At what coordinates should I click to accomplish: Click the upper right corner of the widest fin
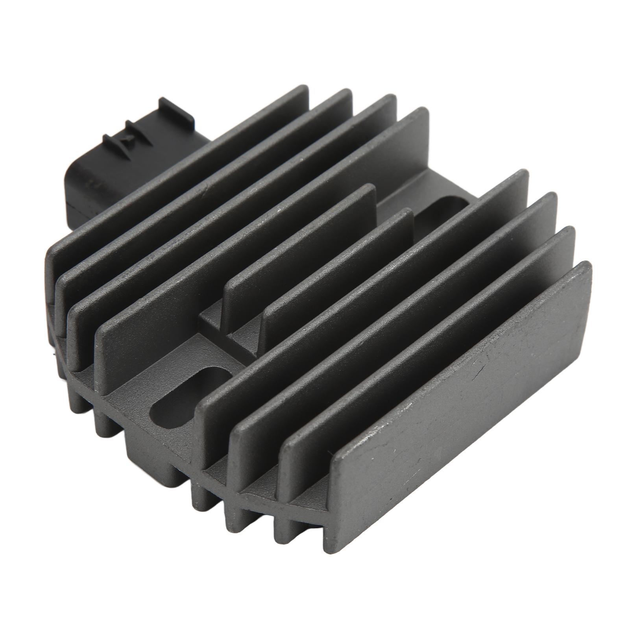point(586,268)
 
